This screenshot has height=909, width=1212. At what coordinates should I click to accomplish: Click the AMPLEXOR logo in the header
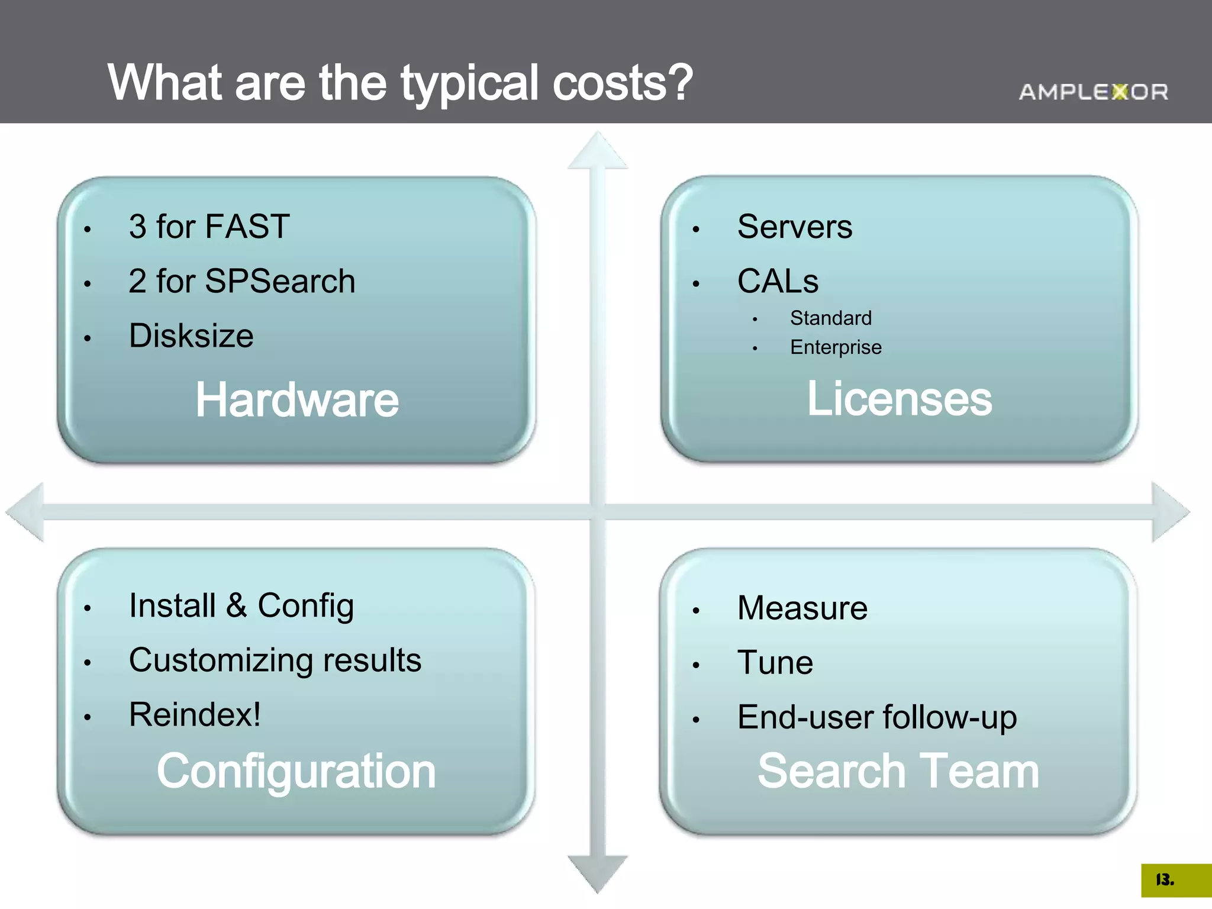pos(1093,92)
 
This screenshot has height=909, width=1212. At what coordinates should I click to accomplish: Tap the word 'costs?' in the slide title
pos(622,83)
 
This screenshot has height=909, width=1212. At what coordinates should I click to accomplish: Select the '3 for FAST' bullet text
pos(209,227)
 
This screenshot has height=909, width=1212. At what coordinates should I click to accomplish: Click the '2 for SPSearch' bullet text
pos(241,281)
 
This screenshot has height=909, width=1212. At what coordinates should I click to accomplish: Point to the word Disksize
pos(191,336)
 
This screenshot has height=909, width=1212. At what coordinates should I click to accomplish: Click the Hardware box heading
pos(297,400)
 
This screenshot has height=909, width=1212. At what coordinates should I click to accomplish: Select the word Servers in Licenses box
pos(795,227)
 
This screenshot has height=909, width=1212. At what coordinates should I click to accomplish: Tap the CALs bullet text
pos(778,281)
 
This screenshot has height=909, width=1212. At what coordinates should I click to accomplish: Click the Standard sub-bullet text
pos(830,318)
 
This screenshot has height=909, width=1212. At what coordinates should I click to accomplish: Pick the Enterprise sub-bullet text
pos(836,347)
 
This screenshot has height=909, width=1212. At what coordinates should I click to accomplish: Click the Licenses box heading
pos(900,399)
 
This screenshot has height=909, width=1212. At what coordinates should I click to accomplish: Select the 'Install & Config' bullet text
pos(241,606)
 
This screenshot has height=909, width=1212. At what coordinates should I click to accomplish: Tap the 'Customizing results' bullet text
pos(275,660)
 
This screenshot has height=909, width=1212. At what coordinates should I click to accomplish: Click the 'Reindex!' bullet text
pos(195,715)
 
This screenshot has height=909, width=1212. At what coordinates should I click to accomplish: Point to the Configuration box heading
pos(296,771)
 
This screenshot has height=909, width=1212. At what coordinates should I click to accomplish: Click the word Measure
pos(802,608)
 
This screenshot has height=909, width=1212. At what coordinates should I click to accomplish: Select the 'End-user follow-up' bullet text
pos(877,717)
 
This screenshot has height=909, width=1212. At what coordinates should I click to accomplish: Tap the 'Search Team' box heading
pos(898,771)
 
